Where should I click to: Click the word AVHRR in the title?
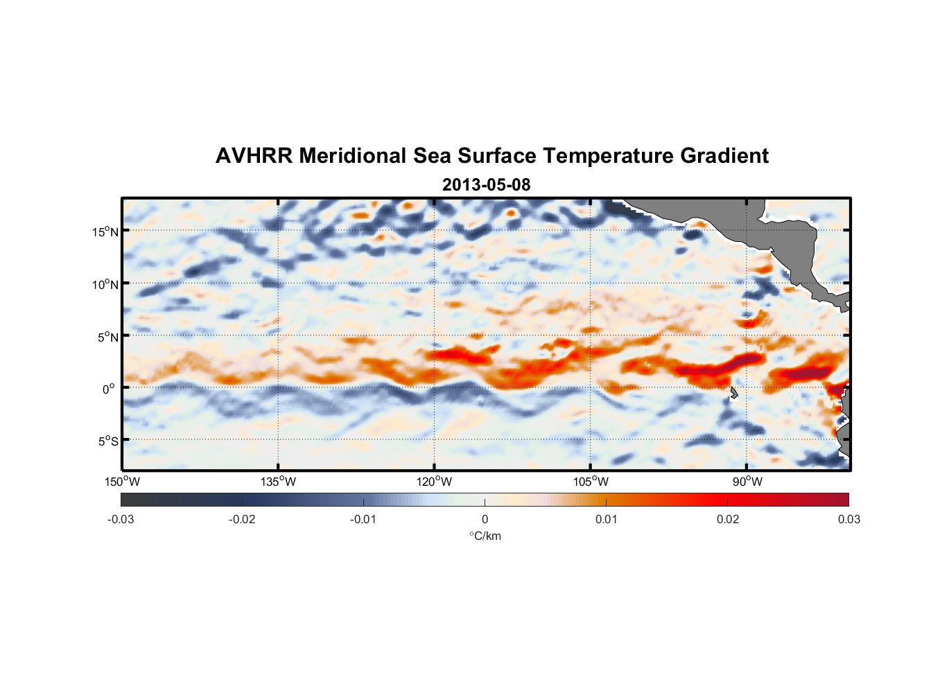254,156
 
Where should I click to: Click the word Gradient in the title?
724,156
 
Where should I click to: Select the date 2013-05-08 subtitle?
486,185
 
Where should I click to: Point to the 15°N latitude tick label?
105,231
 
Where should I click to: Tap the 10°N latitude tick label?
105,284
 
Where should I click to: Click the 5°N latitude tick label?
107,337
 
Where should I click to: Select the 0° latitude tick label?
108,389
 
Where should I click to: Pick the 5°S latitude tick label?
107,441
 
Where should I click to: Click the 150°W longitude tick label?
122,482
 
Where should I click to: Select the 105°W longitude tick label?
591,482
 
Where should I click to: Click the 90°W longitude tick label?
747,482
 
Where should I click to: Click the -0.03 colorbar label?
121,519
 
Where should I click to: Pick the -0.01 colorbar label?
363,519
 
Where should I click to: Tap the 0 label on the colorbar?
485,519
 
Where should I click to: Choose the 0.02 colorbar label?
728,519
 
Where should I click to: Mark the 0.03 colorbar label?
848,519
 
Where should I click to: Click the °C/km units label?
485,536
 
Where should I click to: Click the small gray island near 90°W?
733,393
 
